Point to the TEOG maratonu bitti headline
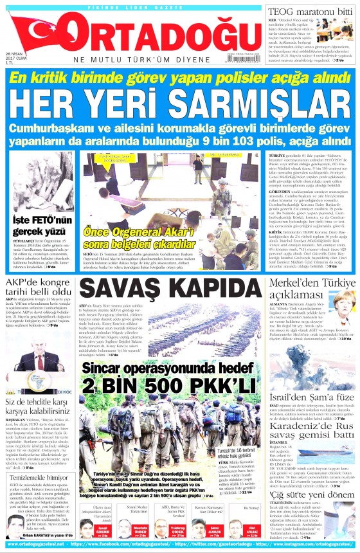click(308, 10)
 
